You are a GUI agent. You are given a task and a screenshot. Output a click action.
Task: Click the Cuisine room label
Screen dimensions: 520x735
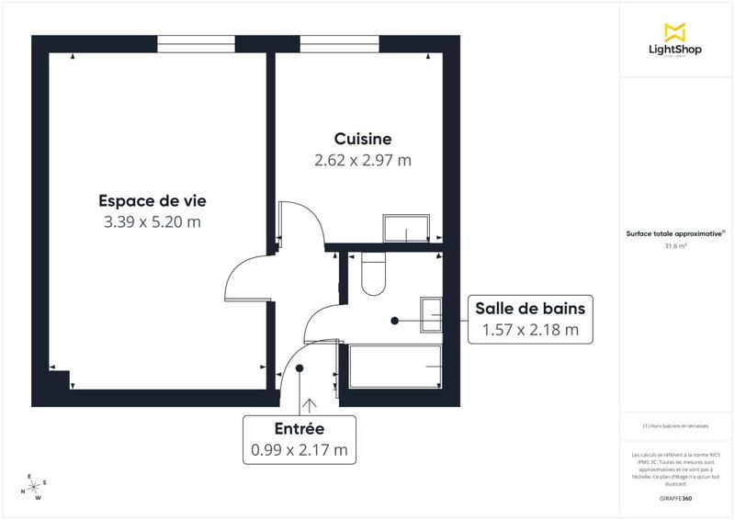pyautogui.click(x=363, y=139)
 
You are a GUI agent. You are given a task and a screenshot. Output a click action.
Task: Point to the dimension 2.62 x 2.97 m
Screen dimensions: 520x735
pyautogui.click(x=363, y=160)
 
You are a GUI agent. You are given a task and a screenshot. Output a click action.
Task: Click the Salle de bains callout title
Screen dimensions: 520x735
pyautogui.click(x=529, y=308)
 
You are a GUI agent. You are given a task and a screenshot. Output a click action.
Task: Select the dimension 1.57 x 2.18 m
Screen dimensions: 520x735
pyautogui.click(x=529, y=330)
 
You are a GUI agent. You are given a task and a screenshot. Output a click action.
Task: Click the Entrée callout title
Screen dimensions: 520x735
pyautogui.click(x=300, y=429)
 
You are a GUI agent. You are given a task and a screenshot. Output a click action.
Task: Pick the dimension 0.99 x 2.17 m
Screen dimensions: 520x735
pyautogui.click(x=300, y=450)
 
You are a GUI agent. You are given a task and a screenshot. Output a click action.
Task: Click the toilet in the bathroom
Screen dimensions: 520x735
pyautogui.click(x=374, y=275)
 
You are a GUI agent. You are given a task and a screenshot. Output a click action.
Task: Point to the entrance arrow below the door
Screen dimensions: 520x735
pyautogui.click(x=309, y=404)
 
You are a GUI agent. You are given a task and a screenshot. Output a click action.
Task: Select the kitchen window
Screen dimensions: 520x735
pyautogui.click(x=340, y=43)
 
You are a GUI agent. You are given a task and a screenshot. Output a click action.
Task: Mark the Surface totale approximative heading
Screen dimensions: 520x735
pyautogui.click(x=675, y=233)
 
